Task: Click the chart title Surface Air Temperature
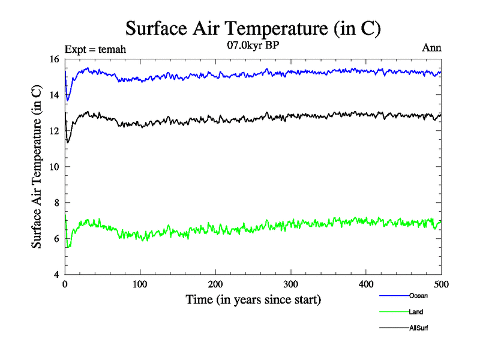click(253, 29)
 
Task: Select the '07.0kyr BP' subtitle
click(253, 45)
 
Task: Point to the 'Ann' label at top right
click(432, 48)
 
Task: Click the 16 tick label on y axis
click(53, 59)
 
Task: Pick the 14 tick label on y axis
click(53, 95)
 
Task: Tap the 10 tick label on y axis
click(53, 167)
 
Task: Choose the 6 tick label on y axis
click(56, 239)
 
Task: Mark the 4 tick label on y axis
click(56, 275)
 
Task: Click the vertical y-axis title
click(37, 167)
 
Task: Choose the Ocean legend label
click(418, 296)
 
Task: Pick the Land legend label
click(416, 312)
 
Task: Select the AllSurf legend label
click(419, 328)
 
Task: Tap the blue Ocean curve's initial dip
click(68, 99)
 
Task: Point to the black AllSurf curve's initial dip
click(68, 142)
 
